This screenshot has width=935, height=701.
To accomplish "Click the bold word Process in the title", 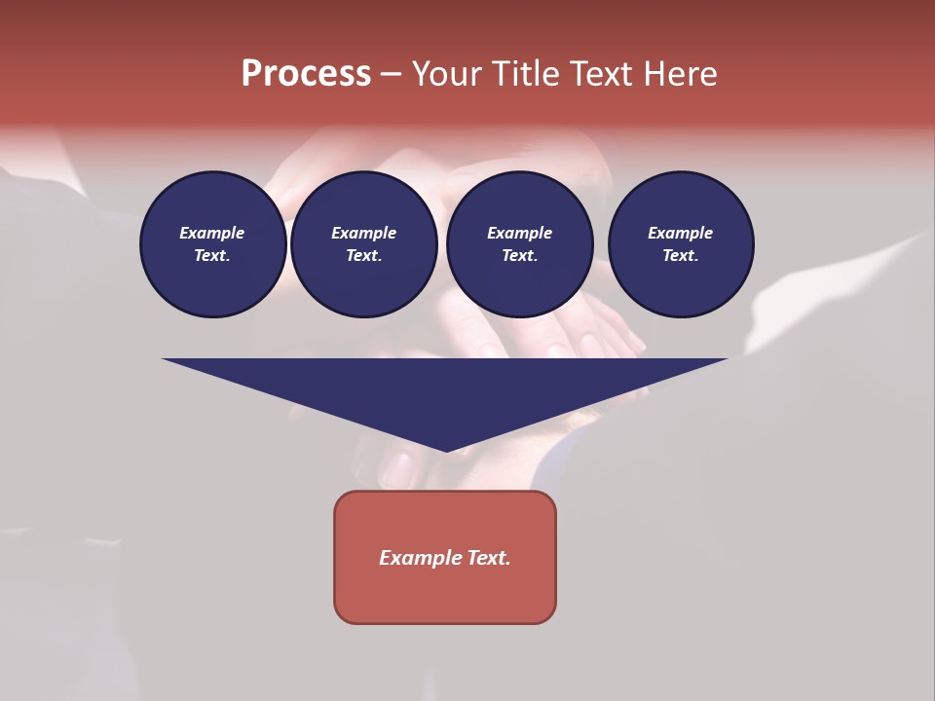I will pyautogui.click(x=306, y=74).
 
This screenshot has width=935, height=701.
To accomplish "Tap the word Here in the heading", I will pyautogui.click(x=679, y=74).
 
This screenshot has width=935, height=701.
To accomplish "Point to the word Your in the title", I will pyautogui.click(x=448, y=74).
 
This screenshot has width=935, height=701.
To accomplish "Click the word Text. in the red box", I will pyautogui.click(x=488, y=558).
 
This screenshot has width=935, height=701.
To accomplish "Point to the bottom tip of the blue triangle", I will pyautogui.click(x=446, y=450).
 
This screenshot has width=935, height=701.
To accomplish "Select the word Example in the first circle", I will pyautogui.click(x=212, y=233).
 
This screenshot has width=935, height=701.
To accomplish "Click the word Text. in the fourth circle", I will pyautogui.click(x=680, y=255).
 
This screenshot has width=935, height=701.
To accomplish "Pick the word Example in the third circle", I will pyautogui.click(x=519, y=233).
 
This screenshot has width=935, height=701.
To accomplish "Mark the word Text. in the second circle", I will pyautogui.click(x=363, y=255).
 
